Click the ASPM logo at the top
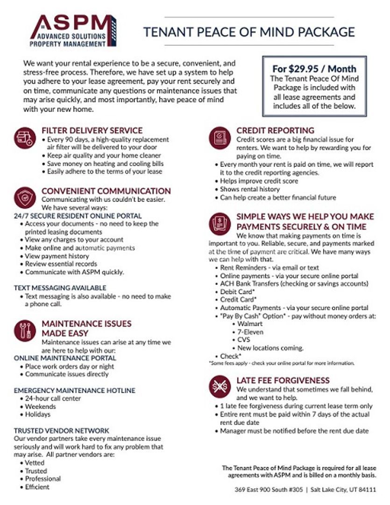tap(72, 31)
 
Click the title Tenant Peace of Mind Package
tap(249, 32)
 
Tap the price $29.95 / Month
tap(314, 69)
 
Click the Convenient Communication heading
tap(106, 191)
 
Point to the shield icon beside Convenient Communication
tap(25, 198)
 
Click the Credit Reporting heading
tap(275, 130)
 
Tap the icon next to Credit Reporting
tap(220, 138)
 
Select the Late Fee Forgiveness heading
tap(283, 381)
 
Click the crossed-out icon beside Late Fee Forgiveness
tap(220, 386)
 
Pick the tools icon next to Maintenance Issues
tap(25, 331)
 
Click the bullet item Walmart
tap(250, 324)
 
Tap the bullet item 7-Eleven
tap(250, 332)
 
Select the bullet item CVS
tap(244, 339)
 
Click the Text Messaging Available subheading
tap(60, 288)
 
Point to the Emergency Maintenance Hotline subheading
tap(75, 390)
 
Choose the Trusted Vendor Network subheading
tap(62, 430)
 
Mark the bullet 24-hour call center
tap(53, 398)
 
